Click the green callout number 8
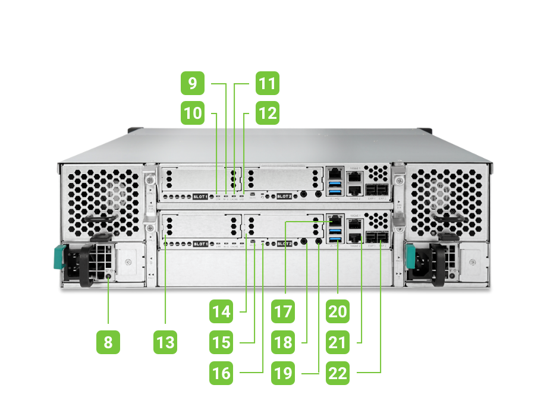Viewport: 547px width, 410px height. pyautogui.click(x=108, y=342)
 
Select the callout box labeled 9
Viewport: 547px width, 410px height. pyautogui.click(x=193, y=84)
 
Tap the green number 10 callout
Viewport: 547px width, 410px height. pyautogui.click(x=193, y=112)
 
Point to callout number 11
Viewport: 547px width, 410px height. pyautogui.click(x=267, y=84)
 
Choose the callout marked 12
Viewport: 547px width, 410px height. pyautogui.click(x=267, y=112)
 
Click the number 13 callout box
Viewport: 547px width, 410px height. pyautogui.click(x=165, y=342)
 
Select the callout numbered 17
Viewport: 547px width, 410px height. pyautogui.click(x=284, y=311)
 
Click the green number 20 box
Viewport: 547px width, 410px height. pyautogui.click(x=338, y=311)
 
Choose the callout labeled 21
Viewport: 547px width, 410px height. pyautogui.click(x=338, y=342)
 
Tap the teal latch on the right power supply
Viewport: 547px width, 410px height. pyautogui.click(x=410, y=257)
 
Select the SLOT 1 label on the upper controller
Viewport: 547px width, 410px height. pyautogui.click(x=201, y=196)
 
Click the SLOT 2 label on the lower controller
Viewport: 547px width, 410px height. pyautogui.click(x=285, y=244)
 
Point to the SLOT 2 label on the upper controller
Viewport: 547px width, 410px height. pyautogui.click(x=285, y=196)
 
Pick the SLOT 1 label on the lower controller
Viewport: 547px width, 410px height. pyautogui.click(x=201, y=244)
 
